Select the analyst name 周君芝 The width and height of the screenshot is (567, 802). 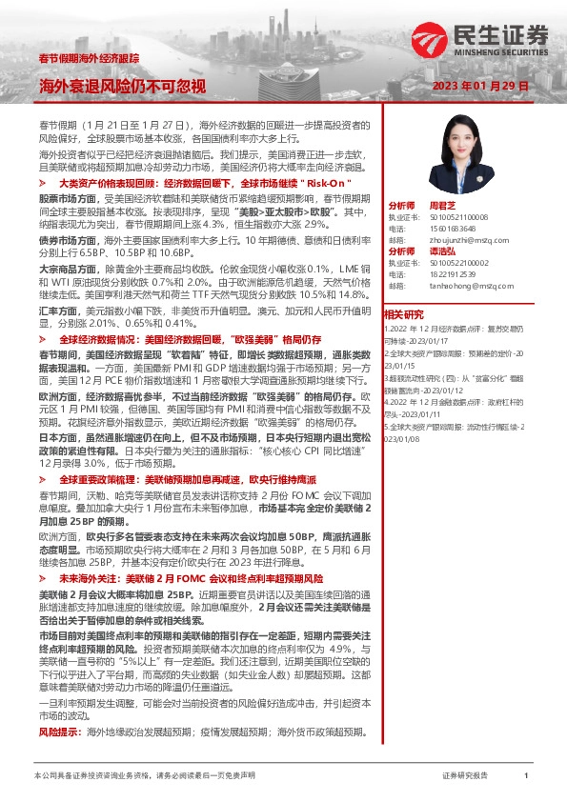point(438,205)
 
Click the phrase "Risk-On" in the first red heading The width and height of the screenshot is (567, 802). point(333,181)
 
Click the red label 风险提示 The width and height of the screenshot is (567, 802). point(58,732)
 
